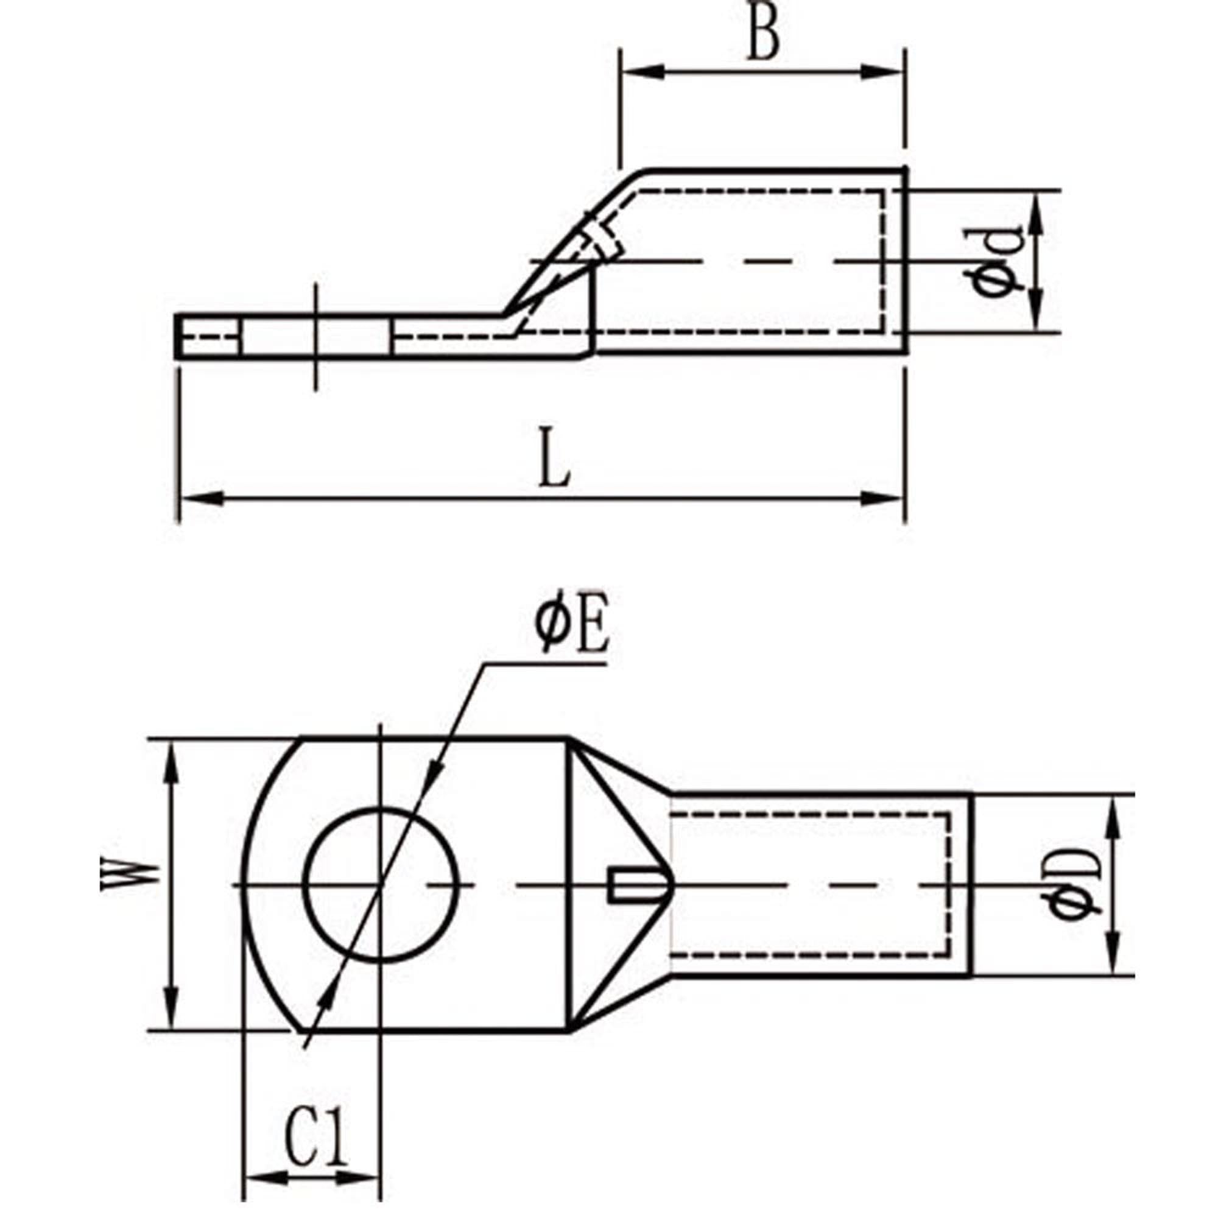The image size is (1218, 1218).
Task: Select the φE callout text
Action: [x=572, y=631]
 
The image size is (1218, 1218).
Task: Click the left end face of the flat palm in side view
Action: [x=177, y=336]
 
